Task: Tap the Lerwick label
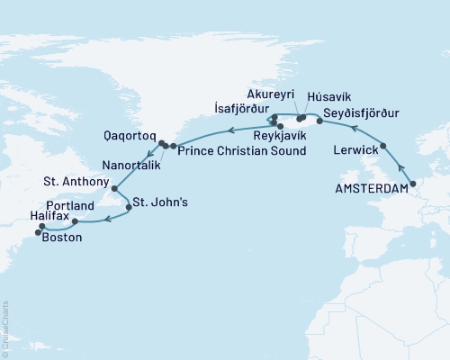(353, 148)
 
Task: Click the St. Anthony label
(76, 182)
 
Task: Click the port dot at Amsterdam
(412, 184)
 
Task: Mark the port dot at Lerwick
(384, 147)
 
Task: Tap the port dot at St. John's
(130, 207)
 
